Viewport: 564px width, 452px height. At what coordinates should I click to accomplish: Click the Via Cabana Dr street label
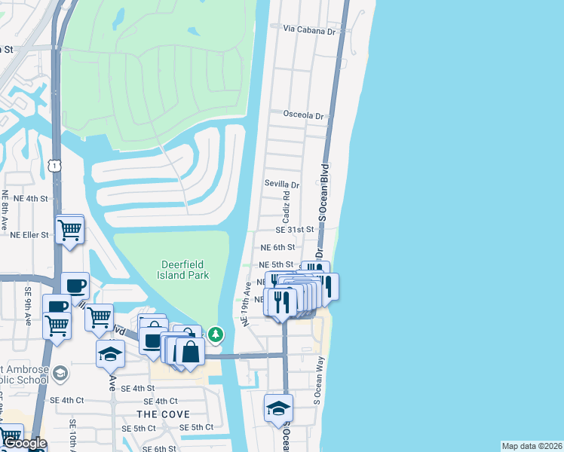(x=309, y=30)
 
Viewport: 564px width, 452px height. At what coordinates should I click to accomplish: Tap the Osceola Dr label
(x=303, y=115)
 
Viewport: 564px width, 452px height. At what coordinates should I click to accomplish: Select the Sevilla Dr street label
(x=282, y=184)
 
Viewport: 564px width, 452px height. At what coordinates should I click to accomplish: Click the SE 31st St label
(x=294, y=230)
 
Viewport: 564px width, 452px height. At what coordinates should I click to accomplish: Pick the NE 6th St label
(x=277, y=247)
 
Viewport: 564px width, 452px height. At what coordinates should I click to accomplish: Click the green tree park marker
(x=216, y=333)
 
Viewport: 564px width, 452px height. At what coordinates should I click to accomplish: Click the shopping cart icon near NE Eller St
(x=69, y=228)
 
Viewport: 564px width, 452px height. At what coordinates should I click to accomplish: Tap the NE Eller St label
(x=29, y=235)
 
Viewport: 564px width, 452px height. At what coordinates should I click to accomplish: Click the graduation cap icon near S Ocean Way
(x=278, y=408)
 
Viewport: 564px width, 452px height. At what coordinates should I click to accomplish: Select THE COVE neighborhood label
(x=163, y=414)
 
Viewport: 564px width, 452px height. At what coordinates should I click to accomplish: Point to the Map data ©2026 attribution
(x=532, y=446)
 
